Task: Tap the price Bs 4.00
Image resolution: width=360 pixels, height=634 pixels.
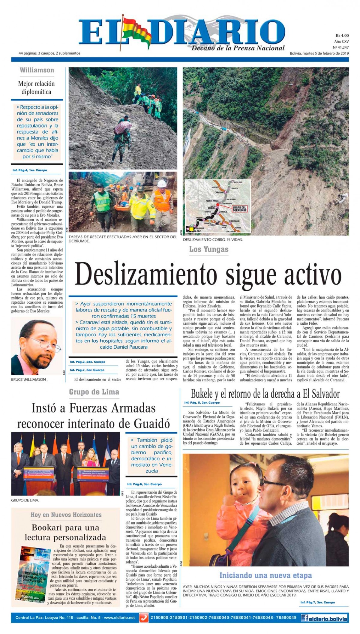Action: click(342, 35)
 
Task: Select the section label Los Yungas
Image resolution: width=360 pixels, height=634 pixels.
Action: click(209, 249)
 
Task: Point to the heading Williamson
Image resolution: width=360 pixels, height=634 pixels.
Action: click(37, 70)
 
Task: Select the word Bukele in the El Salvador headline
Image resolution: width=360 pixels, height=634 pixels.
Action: click(204, 393)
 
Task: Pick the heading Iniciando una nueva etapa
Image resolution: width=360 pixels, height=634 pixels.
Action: click(265, 575)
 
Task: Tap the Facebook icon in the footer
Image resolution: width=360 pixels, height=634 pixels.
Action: click(305, 618)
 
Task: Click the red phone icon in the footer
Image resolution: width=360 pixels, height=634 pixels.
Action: click(144, 618)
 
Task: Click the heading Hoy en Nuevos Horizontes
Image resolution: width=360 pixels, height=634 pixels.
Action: click(66, 515)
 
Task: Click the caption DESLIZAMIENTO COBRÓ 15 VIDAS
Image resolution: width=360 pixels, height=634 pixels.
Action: click(213, 240)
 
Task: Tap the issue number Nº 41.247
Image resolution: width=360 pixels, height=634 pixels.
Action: click(340, 47)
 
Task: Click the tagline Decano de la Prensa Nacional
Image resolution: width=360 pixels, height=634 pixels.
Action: click(238, 48)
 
